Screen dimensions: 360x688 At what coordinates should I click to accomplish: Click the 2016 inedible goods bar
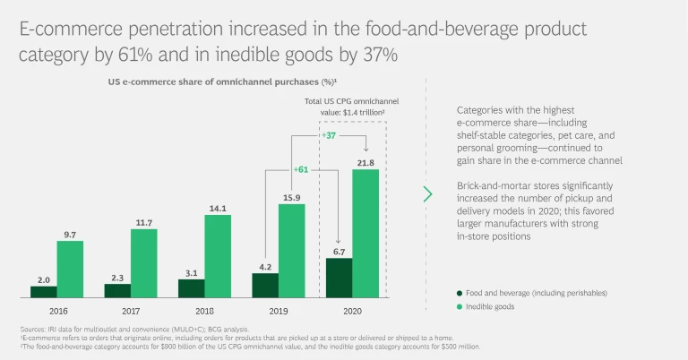pos(71,269)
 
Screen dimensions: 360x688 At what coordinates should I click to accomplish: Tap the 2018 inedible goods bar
pos(217,256)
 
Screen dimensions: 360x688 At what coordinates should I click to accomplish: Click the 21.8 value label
pos(365,162)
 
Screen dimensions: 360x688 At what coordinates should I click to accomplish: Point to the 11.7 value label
pos(144,222)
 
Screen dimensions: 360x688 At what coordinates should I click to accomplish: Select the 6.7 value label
pos(338,252)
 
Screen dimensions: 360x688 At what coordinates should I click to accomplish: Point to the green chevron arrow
pos(427,193)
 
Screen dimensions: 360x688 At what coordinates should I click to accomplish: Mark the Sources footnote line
pos(121,330)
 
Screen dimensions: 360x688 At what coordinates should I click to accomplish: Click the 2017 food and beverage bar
pos(117,290)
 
